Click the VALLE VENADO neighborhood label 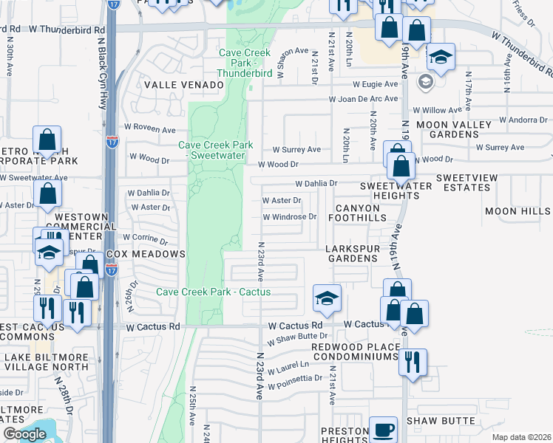point(183,85)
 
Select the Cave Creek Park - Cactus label point(213,292)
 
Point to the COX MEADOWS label point(146,254)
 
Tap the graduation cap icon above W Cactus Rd point(327,298)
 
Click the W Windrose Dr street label point(290,217)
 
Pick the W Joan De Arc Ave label point(364,99)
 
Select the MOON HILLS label point(518,211)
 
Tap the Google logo point(24,434)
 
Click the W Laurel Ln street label point(288,367)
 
